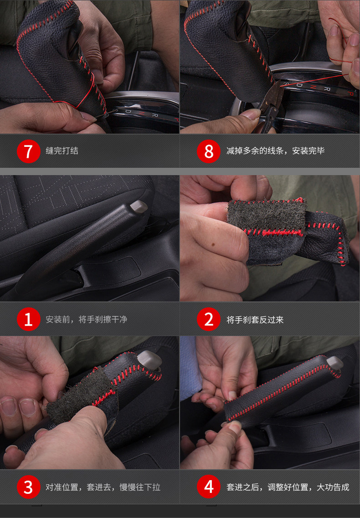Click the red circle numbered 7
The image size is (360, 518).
pyautogui.click(x=28, y=151)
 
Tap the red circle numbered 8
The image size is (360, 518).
pyautogui.click(x=208, y=151)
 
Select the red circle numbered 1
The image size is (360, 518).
pyautogui.click(x=28, y=319)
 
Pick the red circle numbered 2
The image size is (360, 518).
pyautogui.click(x=208, y=319)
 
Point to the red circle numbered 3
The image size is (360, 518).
pyautogui.click(x=28, y=487)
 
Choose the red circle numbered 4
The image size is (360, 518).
pyautogui.click(x=208, y=487)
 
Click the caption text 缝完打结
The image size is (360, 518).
pyautogui.click(x=62, y=151)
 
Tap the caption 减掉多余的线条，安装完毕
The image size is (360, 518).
pyautogui.click(x=275, y=151)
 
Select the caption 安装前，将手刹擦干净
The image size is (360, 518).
pyautogui.click(x=87, y=320)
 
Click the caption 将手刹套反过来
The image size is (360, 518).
pyautogui.click(x=255, y=320)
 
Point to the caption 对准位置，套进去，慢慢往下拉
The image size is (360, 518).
pyautogui.click(x=103, y=487)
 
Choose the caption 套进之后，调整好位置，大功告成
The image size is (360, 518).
pyautogui.click(x=288, y=487)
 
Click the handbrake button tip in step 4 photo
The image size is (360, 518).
pyautogui.click(x=335, y=363)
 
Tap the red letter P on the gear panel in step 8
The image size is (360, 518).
pyautogui.click(x=350, y=93)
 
